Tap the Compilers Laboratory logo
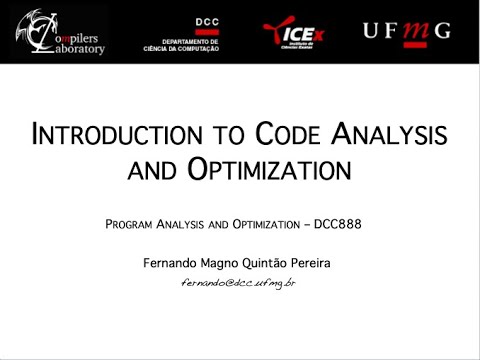click(60, 32)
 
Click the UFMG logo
click(407, 31)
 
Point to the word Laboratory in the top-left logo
click(74, 47)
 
